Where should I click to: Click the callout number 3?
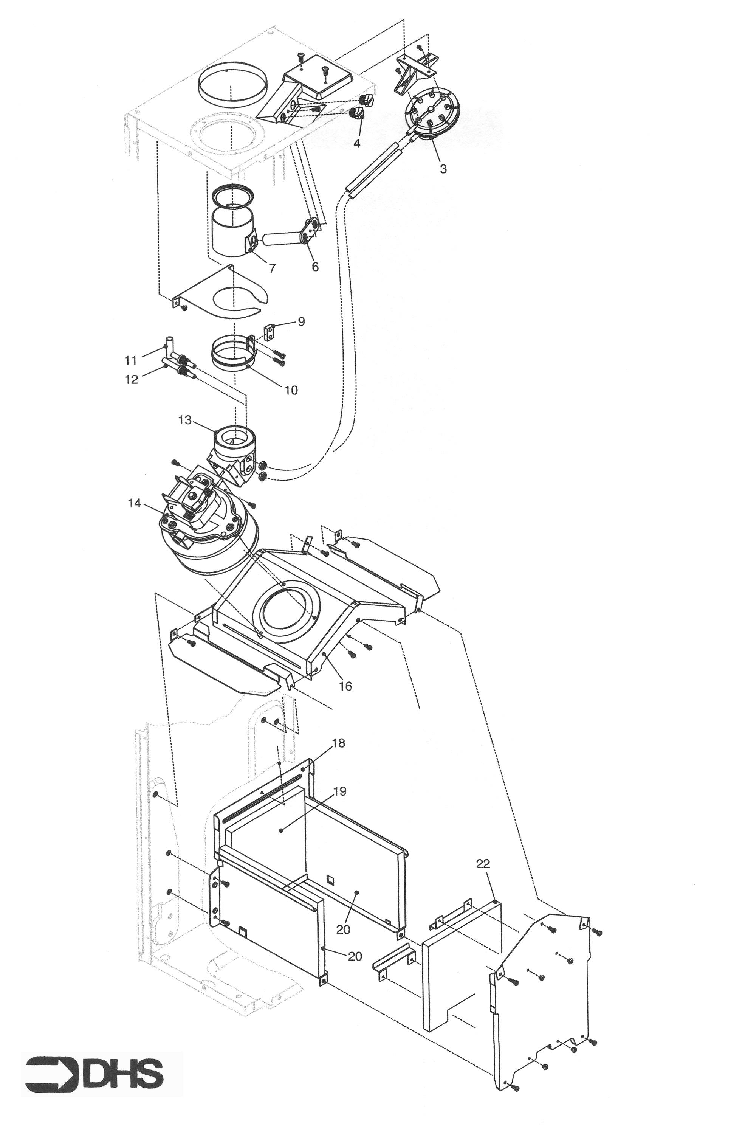[x=443, y=169]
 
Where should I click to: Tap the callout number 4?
[x=356, y=143]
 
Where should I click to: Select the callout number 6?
[x=315, y=267]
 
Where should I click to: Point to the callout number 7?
[x=272, y=268]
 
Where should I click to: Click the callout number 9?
[x=301, y=322]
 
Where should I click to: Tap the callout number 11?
[x=131, y=361]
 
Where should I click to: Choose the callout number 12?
[x=131, y=379]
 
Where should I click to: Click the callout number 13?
[x=185, y=420]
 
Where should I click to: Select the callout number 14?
[x=135, y=503]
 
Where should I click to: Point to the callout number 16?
[x=345, y=686]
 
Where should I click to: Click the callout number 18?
[x=338, y=743]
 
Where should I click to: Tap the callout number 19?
[x=340, y=791]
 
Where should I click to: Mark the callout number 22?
[x=483, y=864]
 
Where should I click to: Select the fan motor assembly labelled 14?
[x=209, y=532]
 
